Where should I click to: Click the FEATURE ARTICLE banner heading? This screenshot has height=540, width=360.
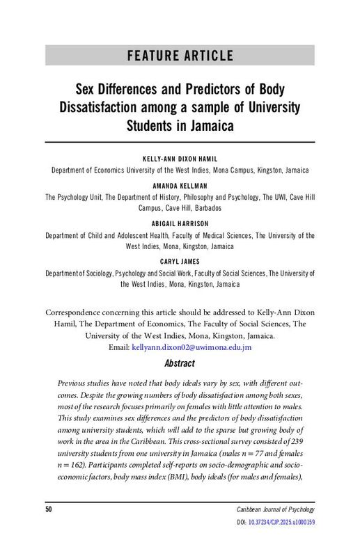(180, 56)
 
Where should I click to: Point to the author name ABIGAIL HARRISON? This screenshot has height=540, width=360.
(180, 224)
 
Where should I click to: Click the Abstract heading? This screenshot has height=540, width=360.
(180, 363)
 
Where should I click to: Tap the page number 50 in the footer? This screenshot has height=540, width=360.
(49, 510)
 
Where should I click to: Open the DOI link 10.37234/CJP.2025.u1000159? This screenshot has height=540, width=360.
(280, 521)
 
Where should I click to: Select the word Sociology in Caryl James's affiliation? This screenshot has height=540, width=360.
(102, 273)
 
